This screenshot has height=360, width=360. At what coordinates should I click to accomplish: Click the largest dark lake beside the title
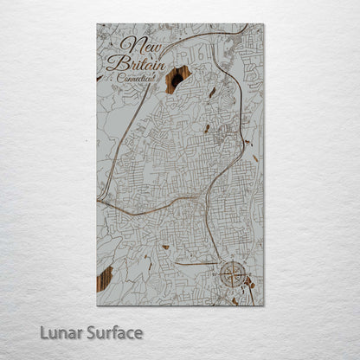click(x=177, y=78)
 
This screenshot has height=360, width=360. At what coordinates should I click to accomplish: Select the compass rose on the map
click(x=233, y=275)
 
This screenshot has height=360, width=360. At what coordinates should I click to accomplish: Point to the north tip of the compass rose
click(x=233, y=261)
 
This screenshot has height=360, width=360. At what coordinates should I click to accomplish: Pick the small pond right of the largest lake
click(x=212, y=91)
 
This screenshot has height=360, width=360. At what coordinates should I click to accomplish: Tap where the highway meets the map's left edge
click(x=99, y=201)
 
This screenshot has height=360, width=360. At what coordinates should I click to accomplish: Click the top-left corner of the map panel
click(x=97, y=24)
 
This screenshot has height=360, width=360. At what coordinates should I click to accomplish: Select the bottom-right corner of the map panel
click(x=264, y=305)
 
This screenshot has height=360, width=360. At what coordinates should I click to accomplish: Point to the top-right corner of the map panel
click(x=264, y=24)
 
